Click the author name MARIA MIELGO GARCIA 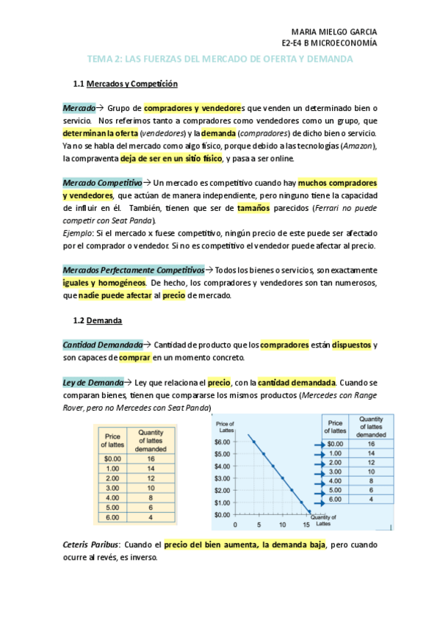(x=335, y=32)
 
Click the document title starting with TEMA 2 (x=220, y=59)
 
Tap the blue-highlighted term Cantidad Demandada (x=103, y=345)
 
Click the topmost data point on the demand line (x=254, y=442)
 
